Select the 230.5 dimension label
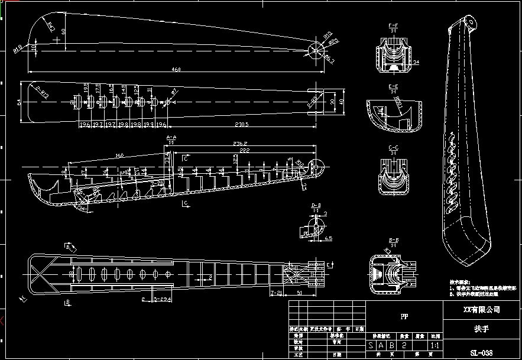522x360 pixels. pos(225,124)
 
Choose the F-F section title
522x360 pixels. pos(393,26)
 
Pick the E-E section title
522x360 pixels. pos(393,86)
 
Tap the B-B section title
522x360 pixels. pos(392,240)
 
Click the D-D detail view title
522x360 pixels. pos(316,205)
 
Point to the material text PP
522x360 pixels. pos(404,316)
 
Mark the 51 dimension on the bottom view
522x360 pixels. pos(299,293)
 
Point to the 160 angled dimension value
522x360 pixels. pos(119,155)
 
